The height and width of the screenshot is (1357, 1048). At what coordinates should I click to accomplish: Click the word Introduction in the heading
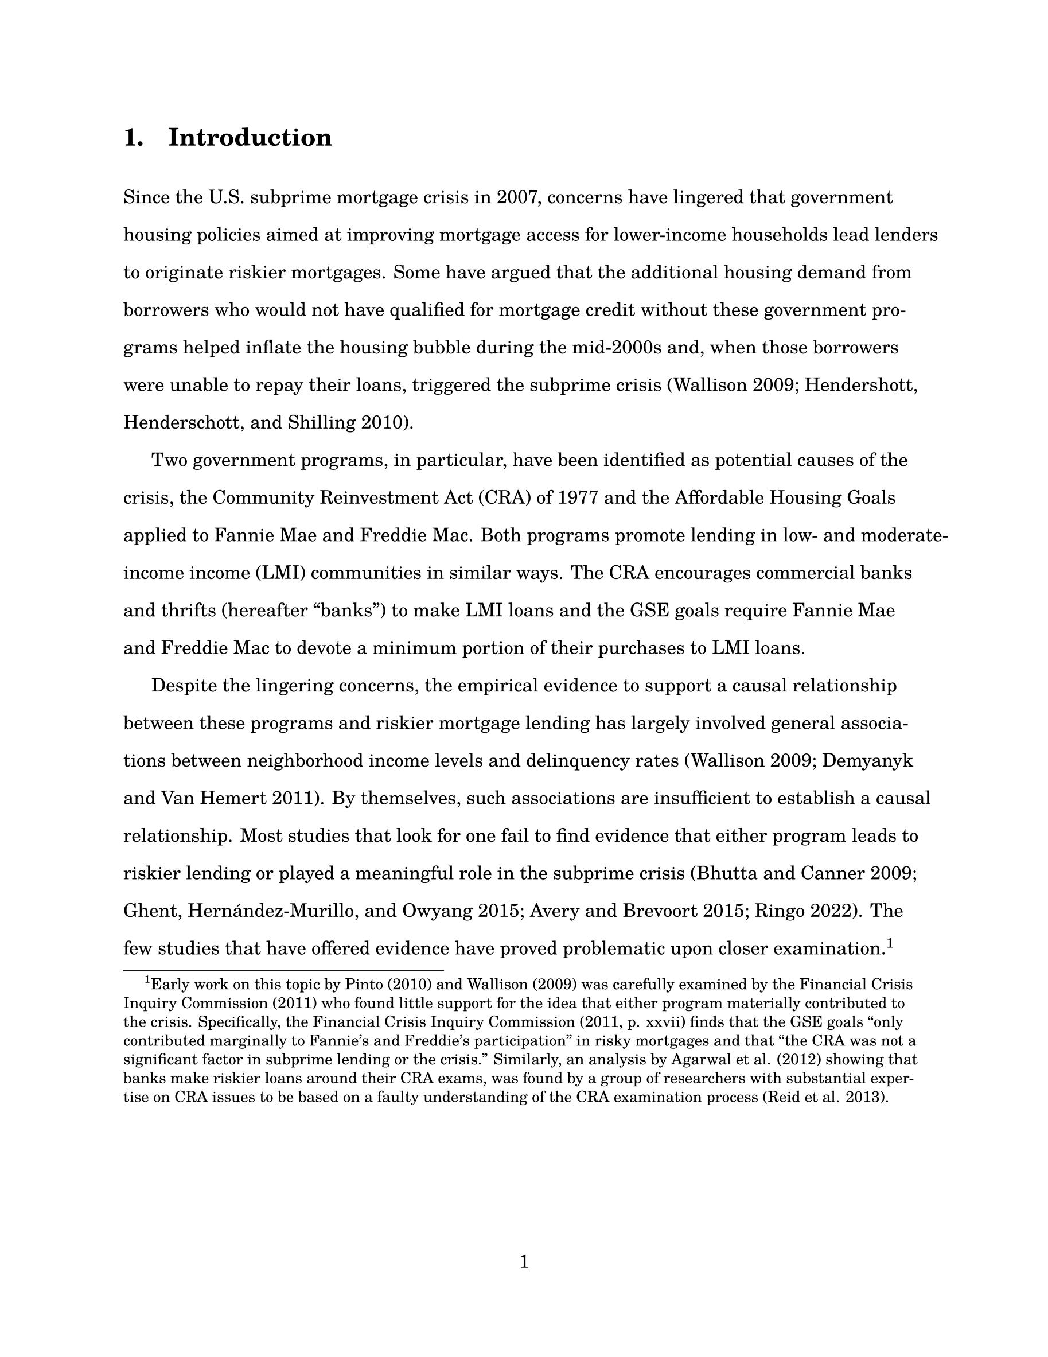point(250,137)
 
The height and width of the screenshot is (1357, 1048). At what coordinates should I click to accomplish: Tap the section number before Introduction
point(133,137)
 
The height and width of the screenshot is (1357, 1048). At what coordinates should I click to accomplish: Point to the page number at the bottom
point(524,1261)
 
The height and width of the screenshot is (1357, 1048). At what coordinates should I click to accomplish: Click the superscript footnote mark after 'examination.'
point(890,944)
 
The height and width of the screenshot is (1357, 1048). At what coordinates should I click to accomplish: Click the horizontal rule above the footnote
point(283,970)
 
